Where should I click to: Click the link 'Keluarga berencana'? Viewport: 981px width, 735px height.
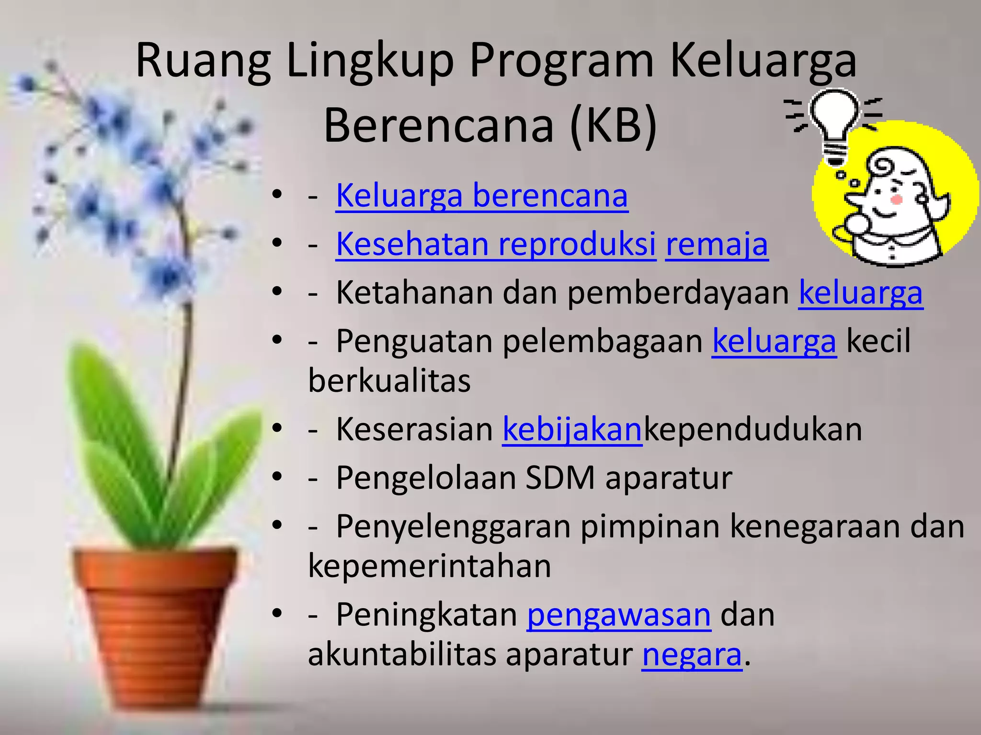[x=481, y=196]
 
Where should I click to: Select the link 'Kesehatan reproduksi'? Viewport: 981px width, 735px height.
[x=496, y=245]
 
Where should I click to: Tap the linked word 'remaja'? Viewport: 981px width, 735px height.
[x=717, y=245]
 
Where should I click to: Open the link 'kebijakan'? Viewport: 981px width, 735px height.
[x=572, y=429]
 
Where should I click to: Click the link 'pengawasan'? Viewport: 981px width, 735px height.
[x=619, y=614]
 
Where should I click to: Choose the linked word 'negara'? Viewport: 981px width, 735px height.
[x=692, y=655]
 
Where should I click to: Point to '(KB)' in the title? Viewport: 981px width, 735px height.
[x=613, y=125]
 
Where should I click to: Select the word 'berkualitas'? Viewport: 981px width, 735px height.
[x=389, y=381]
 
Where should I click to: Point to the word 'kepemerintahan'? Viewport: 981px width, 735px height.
[x=429, y=566]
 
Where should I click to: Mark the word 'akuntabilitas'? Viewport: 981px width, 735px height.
[x=402, y=655]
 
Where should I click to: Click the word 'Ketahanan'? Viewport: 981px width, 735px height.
[x=414, y=293]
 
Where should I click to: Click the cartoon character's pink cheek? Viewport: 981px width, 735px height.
[x=896, y=199]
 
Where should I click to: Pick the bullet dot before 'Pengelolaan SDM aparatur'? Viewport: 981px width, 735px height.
[x=277, y=477]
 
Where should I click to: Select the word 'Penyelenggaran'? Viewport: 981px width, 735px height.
[x=453, y=526]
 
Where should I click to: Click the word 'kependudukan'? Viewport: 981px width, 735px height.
[x=753, y=429]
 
